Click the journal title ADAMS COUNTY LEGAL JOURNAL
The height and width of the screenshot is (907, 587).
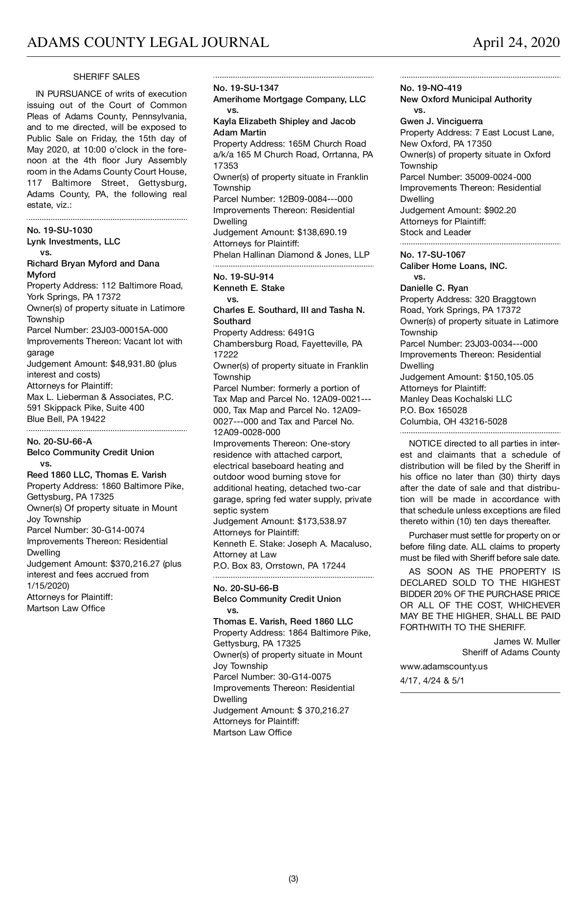point(148,43)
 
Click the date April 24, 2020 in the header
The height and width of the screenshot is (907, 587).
point(516,43)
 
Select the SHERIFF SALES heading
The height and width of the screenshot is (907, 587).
point(106,77)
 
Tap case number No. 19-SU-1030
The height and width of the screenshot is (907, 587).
point(60,230)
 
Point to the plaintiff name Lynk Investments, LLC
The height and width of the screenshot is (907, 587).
point(73,242)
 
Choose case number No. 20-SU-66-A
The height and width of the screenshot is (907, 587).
point(60,442)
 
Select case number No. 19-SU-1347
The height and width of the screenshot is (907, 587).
point(246,88)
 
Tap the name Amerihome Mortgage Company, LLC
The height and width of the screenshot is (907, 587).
point(290,99)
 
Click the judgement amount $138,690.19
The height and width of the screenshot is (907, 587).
point(322,232)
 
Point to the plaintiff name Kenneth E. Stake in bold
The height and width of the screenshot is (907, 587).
point(249,288)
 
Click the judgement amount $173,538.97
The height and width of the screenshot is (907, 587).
point(322,521)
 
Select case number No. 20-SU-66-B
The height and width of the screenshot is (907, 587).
point(246,588)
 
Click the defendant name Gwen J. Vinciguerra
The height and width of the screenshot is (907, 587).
point(441,121)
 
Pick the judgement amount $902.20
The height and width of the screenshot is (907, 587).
point(499,210)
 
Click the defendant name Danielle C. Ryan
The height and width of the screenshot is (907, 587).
point(434,288)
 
